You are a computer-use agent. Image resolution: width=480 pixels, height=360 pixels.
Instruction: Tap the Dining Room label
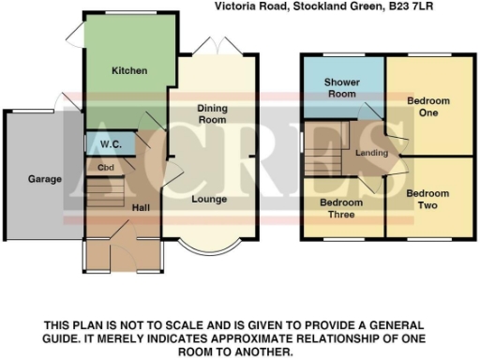coord(212,114)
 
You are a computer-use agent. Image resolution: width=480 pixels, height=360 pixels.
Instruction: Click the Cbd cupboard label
coord(93,168)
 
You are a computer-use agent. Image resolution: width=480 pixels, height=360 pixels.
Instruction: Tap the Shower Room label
coord(342,88)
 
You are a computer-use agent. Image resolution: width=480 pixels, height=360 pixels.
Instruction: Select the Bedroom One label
coord(428,106)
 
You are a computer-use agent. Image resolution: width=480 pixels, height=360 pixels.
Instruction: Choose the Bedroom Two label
coord(427,199)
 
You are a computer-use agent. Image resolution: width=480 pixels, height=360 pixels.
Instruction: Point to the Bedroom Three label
coord(341,208)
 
